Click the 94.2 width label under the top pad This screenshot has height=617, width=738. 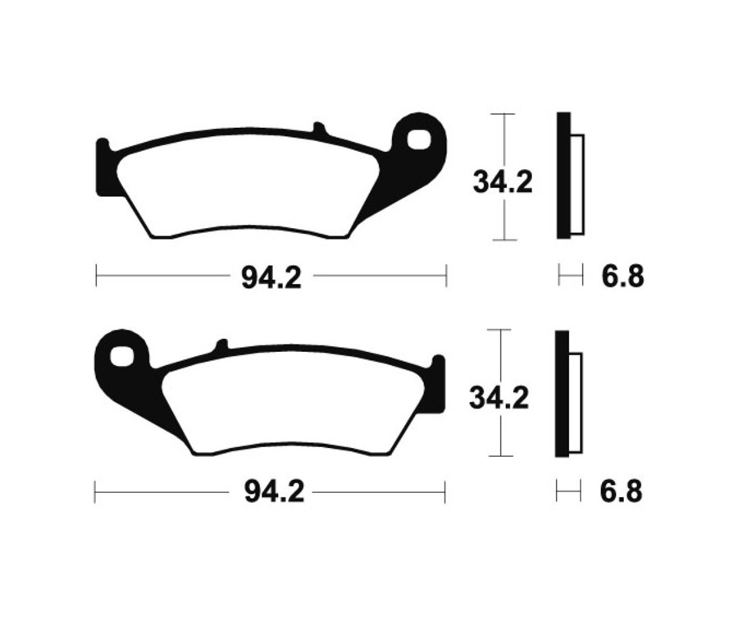point(271,277)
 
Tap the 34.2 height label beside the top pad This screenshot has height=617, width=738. point(502,181)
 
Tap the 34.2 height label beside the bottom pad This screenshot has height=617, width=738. point(499,398)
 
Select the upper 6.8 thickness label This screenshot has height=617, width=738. point(622,277)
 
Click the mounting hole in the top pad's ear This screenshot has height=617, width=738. point(419,138)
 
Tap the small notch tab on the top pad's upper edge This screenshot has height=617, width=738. point(319,129)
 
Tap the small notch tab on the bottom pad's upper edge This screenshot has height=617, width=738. point(220,345)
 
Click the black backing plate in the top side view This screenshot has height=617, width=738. point(563,176)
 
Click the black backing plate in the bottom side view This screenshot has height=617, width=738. point(562,394)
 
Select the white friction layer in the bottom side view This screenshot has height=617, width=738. point(575,402)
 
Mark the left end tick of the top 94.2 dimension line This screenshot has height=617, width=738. point(97,277)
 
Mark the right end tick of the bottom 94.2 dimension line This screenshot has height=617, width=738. point(444,492)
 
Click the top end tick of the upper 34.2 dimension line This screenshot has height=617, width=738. point(503,114)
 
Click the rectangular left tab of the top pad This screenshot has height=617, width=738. point(102,168)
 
